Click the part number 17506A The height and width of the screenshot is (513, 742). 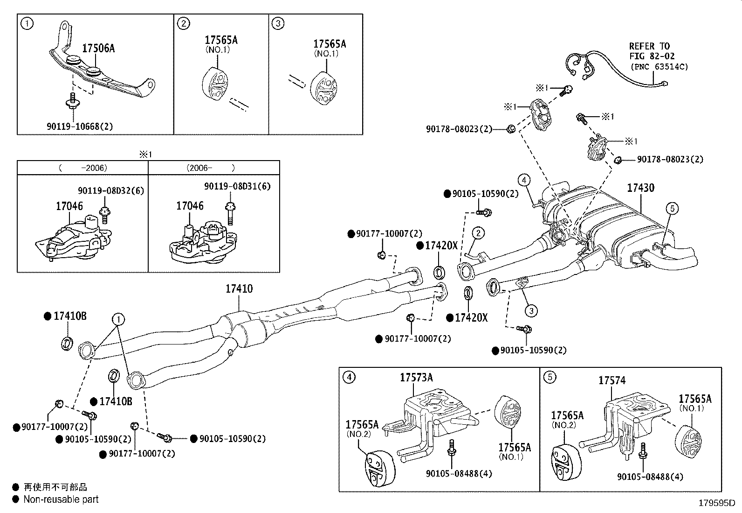click(x=98, y=48)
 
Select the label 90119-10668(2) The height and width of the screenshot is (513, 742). click(x=80, y=126)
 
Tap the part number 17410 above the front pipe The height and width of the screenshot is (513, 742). click(x=239, y=289)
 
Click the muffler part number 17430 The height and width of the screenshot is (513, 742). click(x=640, y=188)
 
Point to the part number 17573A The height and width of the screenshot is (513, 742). click(x=416, y=378)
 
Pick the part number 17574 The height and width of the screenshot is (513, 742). click(x=612, y=381)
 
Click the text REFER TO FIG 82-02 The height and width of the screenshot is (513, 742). click(x=649, y=51)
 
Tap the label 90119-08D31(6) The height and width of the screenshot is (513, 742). click(x=237, y=186)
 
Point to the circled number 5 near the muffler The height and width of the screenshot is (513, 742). click(x=672, y=209)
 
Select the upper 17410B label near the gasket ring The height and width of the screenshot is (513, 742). click(x=70, y=316)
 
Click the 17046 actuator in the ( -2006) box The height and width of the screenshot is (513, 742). click(x=75, y=240)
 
